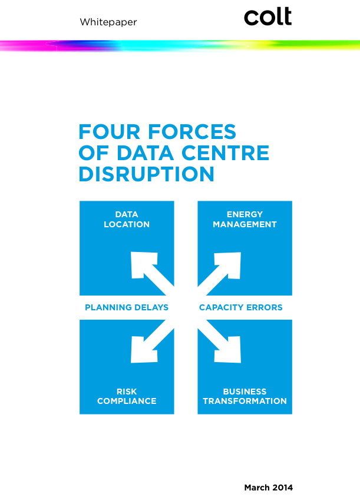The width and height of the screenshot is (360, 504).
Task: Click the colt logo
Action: [267, 17]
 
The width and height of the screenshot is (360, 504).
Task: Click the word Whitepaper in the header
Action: [108, 22]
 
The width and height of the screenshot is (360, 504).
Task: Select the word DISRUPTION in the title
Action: [146, 174]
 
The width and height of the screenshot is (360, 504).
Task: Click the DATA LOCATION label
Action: [127, 219]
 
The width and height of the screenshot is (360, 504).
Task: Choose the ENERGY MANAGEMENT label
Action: [245, 219]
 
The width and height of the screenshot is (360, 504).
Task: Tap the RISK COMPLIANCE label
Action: [127, 396]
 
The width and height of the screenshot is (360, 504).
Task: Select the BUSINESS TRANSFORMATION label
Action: [245, 396]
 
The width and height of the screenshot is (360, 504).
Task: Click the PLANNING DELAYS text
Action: [127, 307]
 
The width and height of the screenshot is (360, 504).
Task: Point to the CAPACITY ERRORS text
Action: [240, 307]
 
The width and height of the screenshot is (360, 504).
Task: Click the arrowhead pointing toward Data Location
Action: [142, 264]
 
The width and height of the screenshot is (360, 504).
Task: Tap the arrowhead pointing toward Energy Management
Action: [229, 264]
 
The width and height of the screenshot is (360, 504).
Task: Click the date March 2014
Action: [268, 488]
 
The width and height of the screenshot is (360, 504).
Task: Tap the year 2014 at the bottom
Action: [282, 488]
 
